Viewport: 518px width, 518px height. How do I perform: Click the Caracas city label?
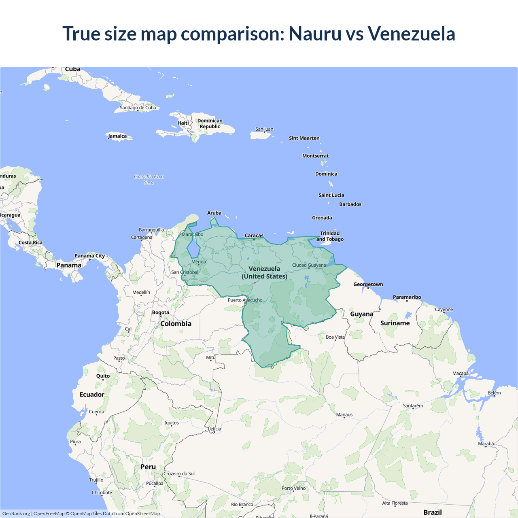coord(254,236)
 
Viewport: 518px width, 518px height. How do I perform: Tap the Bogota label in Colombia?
coord(161,312)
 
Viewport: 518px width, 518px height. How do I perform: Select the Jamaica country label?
coord(117,136)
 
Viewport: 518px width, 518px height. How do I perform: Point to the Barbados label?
coord(350,204)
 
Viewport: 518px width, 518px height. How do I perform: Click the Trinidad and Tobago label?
coord(330,236)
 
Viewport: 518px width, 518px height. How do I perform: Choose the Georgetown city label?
coord(368,284)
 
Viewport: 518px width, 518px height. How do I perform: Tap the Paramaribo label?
coord(407,297)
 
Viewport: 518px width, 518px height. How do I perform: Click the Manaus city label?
coord(344,415)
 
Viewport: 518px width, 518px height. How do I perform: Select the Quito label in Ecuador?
coord(103,376)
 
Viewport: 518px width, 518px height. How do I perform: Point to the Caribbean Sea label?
coord(149,179)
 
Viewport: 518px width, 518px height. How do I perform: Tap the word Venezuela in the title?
coord(412,34)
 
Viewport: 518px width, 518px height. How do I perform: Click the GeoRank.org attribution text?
coord(16,514)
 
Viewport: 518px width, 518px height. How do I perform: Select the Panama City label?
coord(90,256)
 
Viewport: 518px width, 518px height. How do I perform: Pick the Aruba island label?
coord(214,213)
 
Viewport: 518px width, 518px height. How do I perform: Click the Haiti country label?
coord(183,123)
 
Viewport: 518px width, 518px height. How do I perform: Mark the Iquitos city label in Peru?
coord(172,423)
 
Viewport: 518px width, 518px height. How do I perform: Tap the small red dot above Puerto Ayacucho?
coord(255,283)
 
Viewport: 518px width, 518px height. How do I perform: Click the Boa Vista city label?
coord(335,337)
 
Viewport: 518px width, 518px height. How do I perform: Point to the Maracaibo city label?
coord(193,234)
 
